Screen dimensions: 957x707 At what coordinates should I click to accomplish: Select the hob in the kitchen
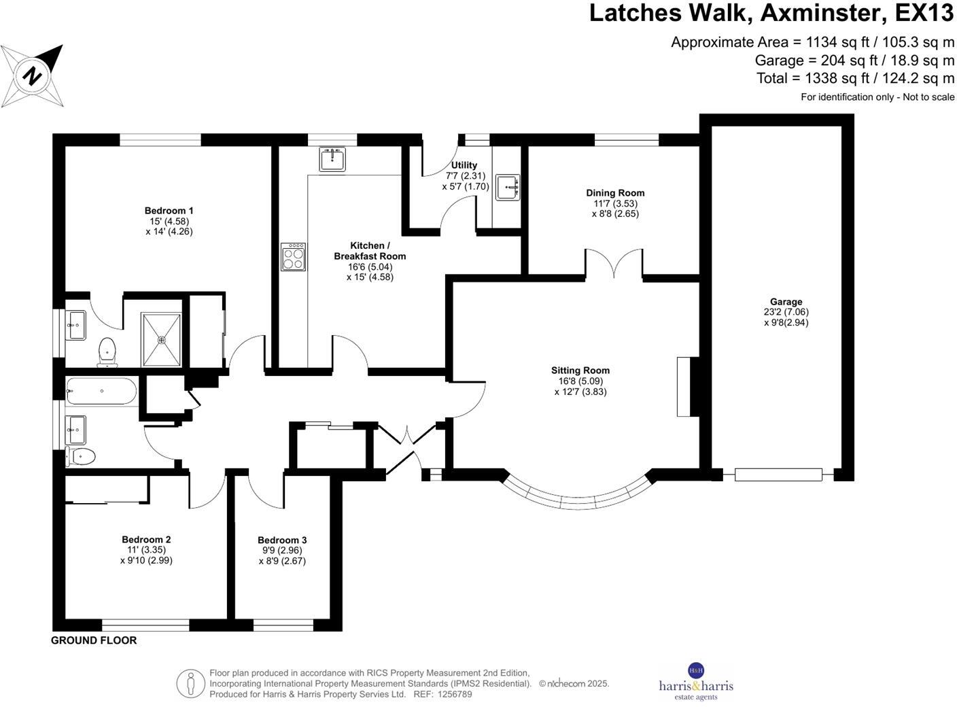(293, 257)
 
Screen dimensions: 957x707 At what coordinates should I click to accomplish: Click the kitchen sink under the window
(332, 160)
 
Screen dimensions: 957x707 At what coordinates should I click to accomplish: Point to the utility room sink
(508, 187)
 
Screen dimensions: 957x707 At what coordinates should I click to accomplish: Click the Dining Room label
(615, 193)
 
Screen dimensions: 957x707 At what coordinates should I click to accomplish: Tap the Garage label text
(786, 302)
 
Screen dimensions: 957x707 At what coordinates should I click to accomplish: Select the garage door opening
(778, 475)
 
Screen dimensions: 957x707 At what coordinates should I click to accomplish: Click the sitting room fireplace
(684, 386)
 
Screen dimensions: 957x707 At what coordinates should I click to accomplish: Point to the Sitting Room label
(580, 370)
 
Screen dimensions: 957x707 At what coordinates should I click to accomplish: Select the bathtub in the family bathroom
(102, 392)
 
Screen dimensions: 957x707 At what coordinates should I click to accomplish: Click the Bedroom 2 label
(146, 540)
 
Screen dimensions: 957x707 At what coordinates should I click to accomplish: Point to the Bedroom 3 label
(282, 540)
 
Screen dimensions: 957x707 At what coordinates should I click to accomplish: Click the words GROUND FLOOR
(94, 640)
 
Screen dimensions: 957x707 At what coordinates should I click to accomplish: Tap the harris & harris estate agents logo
(696, 682)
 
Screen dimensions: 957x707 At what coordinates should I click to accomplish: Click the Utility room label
(464, 165)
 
